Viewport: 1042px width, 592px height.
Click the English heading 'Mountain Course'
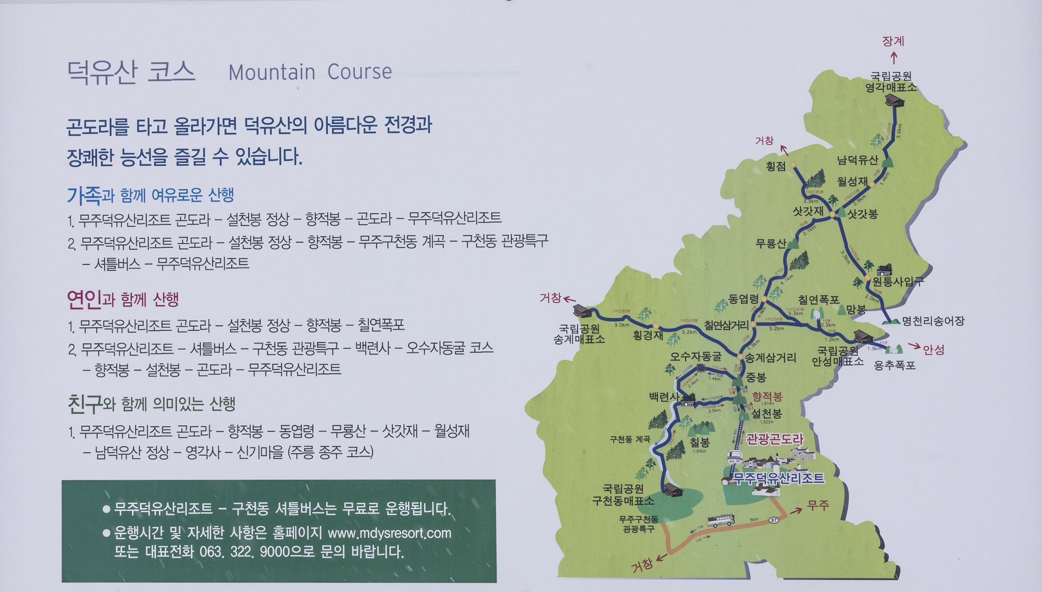310,72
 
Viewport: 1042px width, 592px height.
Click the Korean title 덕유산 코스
131,72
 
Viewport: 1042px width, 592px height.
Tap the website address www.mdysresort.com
389,533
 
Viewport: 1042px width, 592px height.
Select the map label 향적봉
767,397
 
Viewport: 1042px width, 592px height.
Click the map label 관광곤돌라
775,439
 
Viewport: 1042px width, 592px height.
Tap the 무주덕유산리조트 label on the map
779,478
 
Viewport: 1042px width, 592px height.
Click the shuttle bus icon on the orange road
721,520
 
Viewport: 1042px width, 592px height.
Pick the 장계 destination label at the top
893,41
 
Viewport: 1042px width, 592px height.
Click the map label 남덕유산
857,160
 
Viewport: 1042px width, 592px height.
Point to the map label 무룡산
771,243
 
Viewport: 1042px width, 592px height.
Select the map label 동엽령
743,299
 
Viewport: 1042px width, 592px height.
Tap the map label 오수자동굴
696,356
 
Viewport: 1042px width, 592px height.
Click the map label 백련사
664,397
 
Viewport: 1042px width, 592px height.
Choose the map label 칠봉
700,443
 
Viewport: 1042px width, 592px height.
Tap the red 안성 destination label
934,350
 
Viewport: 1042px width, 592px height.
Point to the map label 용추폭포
894,365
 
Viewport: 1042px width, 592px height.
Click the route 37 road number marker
774,520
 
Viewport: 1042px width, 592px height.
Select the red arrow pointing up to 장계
894,57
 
